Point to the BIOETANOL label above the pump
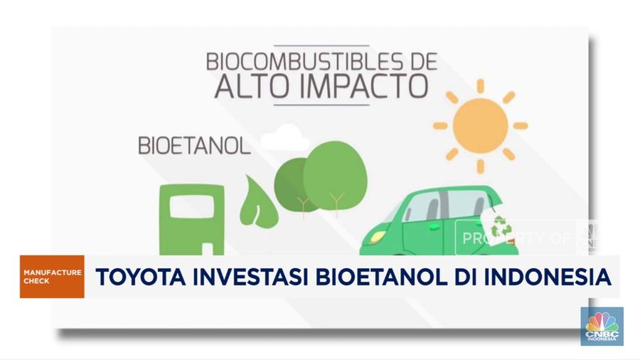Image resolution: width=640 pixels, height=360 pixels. click(x=193, y=147)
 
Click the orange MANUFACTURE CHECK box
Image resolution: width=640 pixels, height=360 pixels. click(x=52, y=277)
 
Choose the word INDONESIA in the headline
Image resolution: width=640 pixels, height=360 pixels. click(x=540, y=277)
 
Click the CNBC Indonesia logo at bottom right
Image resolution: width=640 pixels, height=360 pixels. click(x=602, y=326)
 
